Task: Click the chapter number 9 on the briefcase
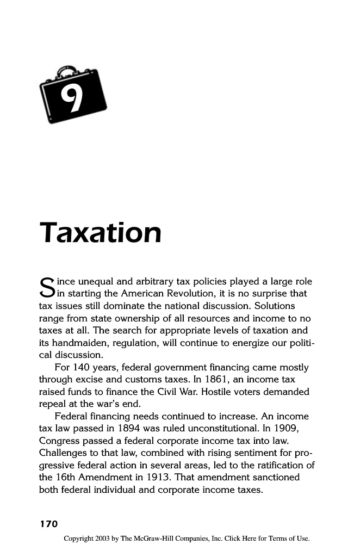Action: pos(70,98)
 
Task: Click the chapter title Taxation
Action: pos(101,233)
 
